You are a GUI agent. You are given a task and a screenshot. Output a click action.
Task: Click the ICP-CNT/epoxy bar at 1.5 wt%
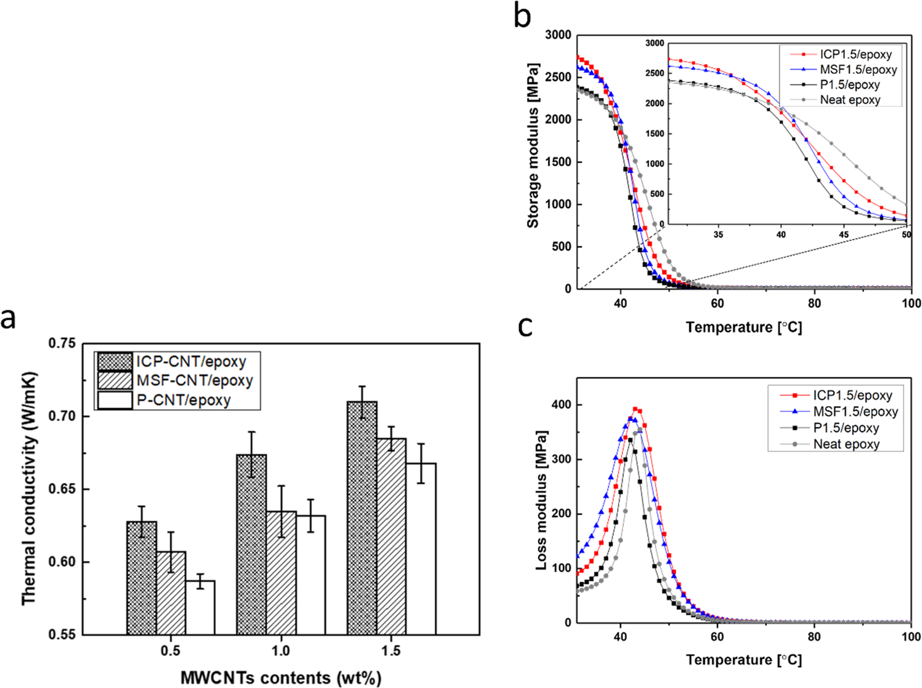[x=362, y=518]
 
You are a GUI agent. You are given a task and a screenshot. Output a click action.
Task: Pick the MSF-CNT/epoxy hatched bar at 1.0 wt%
[x=281, y=572]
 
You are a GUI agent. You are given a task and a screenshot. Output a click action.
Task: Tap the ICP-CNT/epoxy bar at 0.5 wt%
[x=141, y=578]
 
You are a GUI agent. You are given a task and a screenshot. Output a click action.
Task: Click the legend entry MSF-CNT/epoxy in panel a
[x=194, y=381]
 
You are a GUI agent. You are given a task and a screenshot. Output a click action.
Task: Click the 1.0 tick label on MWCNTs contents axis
[x=281, y=651]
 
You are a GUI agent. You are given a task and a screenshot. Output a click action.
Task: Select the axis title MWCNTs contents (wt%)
[x=281, y=677]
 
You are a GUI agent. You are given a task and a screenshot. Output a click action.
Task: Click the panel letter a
[x=8, y=319]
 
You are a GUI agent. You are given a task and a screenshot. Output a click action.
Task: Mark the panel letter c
[x=525, y=326]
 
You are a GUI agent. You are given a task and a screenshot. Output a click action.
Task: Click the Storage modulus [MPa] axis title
[x=533, y=145]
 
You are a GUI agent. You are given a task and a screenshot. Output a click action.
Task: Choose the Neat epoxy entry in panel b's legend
[x=850, y=100]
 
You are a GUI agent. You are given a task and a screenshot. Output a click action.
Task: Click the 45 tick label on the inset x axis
[x=844, y=234]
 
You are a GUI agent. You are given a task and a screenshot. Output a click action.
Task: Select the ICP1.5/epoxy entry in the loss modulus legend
[x=852, y=395]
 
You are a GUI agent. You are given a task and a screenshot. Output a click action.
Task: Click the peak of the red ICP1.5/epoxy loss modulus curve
[x=636, y=409]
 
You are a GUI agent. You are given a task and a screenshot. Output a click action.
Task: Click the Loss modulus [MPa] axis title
[x=541, y=501]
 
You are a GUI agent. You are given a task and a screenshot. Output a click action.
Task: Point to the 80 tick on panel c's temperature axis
[x=814, y=637]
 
